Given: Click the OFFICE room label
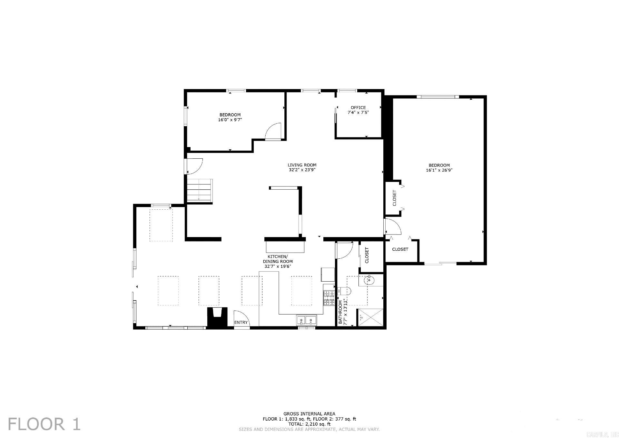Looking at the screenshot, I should (358, 108).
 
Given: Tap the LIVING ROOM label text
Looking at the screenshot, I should (302, 165).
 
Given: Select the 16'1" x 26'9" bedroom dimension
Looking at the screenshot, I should (439, 170).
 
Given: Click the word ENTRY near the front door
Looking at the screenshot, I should (241, 323).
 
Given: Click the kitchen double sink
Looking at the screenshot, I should (306, 320).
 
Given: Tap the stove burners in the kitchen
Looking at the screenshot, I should (329, 298).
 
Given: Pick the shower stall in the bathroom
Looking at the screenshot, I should (370, 317).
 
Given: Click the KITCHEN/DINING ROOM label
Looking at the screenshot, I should (278, 259).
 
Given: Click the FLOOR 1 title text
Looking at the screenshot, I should (44, 424).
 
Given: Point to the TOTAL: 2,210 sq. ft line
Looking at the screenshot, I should (309, 424).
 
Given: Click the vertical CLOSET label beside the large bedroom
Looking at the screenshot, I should (394, 198).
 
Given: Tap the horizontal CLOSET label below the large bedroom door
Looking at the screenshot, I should (400, 249).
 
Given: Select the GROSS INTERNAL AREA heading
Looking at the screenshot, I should (309, 414).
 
